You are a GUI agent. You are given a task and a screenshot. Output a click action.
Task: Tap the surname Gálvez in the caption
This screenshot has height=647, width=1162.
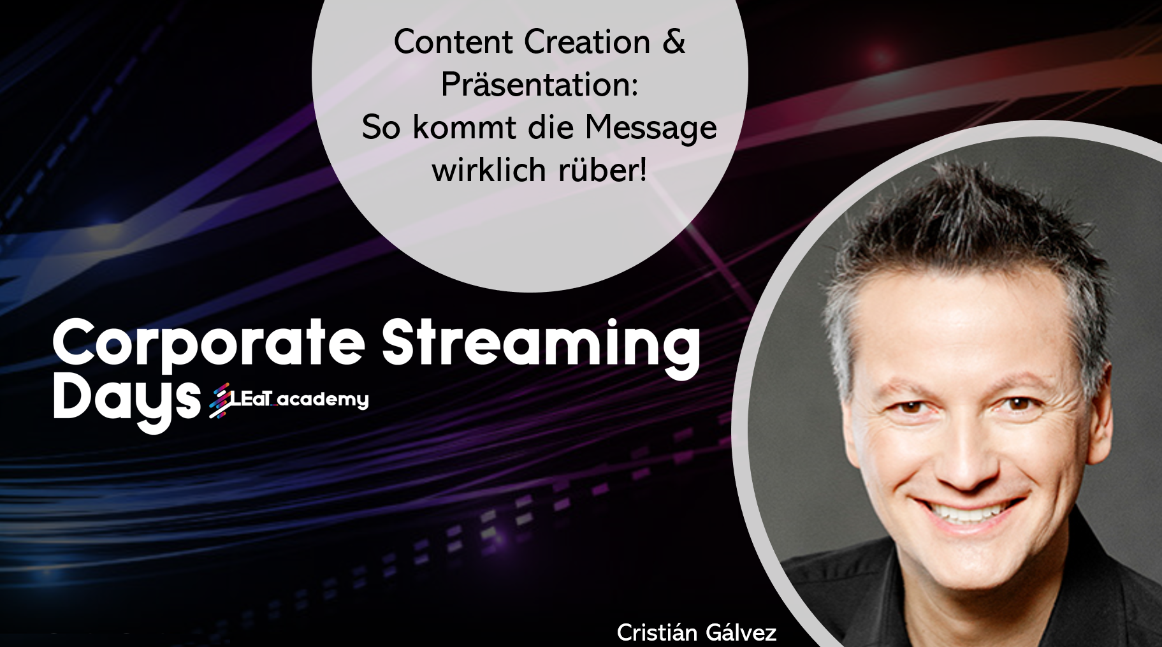click(x=741, y=633)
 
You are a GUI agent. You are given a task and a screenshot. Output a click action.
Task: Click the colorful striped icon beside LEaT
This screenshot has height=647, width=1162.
click(x=220, y=400)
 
